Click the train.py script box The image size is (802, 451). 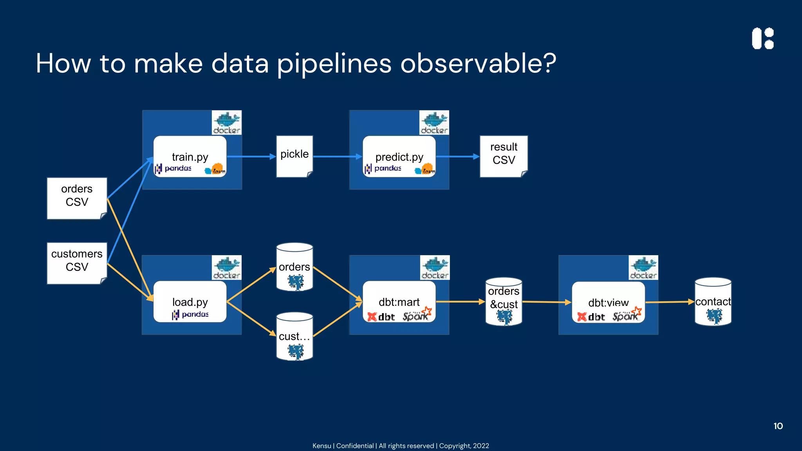click(x=190, y=157)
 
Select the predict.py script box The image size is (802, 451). click(x=399, y=157)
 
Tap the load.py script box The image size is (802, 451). click(x=190, y=302)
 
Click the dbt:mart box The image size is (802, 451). click(x=399, y=302)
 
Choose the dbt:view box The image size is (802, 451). click(x=608, y=302)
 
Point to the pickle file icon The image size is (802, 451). click(x=294, y=156)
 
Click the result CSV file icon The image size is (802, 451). click(x=504, y=156)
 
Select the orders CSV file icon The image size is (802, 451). click(x=77, y=198)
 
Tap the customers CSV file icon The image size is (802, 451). click(x=77, y=263)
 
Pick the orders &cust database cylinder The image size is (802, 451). click(x=504, y=301)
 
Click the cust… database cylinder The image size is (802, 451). click(x=294, y=336)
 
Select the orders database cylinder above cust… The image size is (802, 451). click(x=294, y=267)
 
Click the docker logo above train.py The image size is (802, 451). click(x=227, y=123)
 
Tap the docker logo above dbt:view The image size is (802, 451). click(x=643, y=268)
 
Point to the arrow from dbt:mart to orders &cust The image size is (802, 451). click(x=461, y=301)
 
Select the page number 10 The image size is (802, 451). click(x=778, y=426)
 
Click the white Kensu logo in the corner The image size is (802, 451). click(x=762, y=38)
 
